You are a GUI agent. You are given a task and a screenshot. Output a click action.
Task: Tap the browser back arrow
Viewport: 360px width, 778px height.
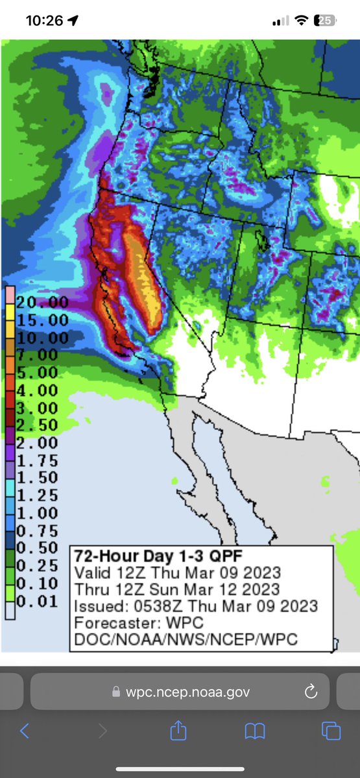coord(25,731)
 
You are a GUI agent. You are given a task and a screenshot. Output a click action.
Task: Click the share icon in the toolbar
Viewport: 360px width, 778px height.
coord(178,731)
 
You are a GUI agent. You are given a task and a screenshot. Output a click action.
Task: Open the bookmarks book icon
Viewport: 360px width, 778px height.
coord(255,732)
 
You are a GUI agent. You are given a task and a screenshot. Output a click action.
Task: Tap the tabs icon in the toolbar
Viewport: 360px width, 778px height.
coord(331,732)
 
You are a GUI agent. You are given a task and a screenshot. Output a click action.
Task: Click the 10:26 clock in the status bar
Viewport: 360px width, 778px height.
coord(44,21)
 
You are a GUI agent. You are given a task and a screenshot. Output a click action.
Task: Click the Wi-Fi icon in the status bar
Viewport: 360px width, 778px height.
coord(301,21)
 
